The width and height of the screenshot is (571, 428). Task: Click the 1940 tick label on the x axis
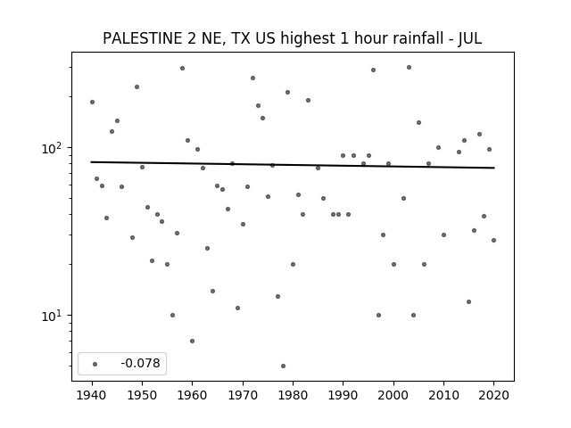coord(92,395)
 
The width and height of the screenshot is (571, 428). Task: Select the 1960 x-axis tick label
coord(193,395)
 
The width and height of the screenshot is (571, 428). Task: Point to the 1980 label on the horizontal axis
coord(293,395)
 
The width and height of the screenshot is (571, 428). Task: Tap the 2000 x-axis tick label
coord(393,395)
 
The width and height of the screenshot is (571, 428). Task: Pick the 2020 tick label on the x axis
coord(493,395)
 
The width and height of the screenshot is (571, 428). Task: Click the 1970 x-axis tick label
coord(243,395)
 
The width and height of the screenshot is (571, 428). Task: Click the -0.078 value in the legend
coord(140,363)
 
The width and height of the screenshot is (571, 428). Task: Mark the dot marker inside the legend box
coord(95,364)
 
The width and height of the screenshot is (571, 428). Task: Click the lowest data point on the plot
coord(283,366)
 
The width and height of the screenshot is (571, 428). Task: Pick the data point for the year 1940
coord(92,102)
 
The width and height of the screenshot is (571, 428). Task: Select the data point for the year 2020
coord(493,240)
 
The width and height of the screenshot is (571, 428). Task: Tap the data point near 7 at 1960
coord(193,341)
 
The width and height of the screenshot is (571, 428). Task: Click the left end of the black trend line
coord(91,162)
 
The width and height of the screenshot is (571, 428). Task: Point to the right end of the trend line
coord(494,168)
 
